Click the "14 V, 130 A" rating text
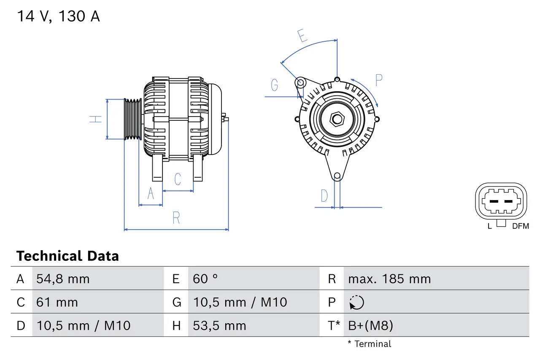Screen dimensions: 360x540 point(58,16)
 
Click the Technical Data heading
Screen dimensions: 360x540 point(67,256)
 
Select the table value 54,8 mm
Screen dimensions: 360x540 point(63,279)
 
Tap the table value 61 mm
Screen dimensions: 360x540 point(57,303)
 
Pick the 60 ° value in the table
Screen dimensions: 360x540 point(205,279)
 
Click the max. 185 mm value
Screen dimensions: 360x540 point(389,279)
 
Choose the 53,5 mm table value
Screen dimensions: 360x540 point(219,326)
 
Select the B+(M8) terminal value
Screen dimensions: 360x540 point(370,326)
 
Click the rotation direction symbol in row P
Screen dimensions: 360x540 point(356,303)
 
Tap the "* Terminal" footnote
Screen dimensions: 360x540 point(370,344)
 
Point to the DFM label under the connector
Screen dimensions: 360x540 point(520,226)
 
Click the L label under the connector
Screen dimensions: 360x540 point(489,226)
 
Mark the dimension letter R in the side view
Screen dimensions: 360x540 point(176,218)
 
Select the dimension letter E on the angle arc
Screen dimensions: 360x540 point(302,36)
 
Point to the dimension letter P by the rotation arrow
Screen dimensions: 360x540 point(378,80)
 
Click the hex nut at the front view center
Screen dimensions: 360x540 point(337,119)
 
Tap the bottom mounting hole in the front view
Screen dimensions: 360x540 point(337,176)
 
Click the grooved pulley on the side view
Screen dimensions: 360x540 point(132,119)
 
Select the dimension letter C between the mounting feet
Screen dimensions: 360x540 point(178,179)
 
